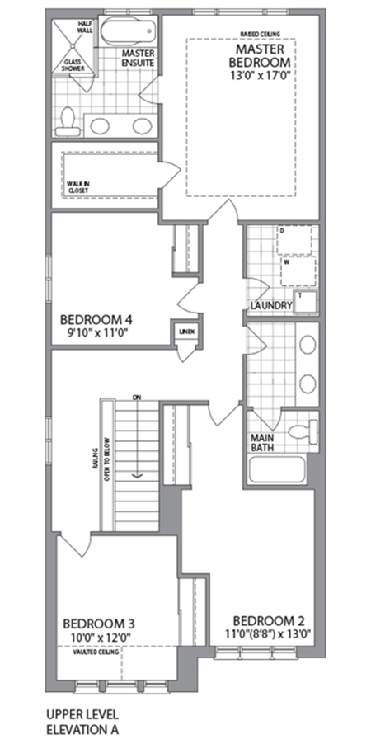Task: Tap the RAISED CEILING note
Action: pos(258,34)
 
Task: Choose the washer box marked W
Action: pos(297,269)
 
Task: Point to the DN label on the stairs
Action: pos(138,398)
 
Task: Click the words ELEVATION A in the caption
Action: pos(82,729)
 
